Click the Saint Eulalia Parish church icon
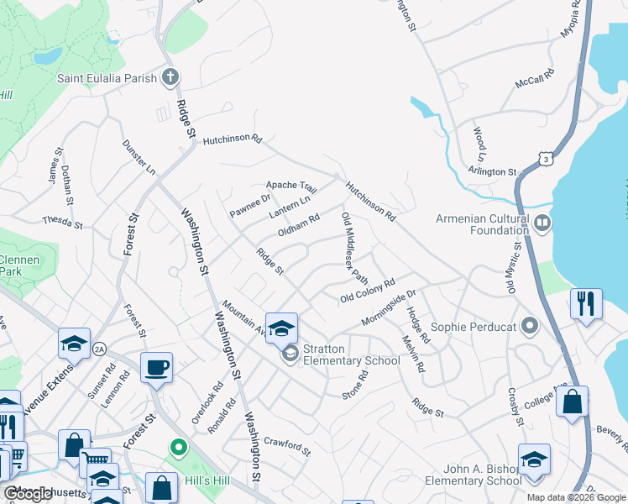[170, 78]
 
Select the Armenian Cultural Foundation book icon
[542, 223]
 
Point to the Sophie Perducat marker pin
[530, 325]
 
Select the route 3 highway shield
[547, 157]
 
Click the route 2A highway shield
[100, 349]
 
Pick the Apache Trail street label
[291, 185]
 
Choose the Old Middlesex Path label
[355, 248]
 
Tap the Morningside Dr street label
[389, 309]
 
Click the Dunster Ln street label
[139, 157]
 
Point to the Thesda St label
[63, 223]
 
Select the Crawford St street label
[287, 445]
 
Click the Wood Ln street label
[479, 144]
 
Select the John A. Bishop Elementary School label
[473, 475]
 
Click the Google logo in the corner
[28, 495]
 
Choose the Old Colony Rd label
[368, 291]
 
